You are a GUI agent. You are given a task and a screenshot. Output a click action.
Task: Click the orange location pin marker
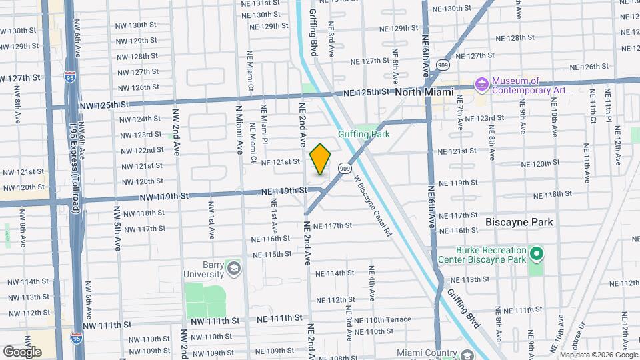321,159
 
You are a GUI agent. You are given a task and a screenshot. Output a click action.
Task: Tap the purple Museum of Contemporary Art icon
482,84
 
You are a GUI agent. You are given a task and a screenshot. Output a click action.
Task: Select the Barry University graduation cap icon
233,268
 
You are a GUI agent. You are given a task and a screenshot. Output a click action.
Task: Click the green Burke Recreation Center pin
537,254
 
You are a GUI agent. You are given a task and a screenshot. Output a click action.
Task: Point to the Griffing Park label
363,134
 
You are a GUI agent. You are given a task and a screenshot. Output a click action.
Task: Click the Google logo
23,351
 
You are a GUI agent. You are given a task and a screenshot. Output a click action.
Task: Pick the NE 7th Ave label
459,117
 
